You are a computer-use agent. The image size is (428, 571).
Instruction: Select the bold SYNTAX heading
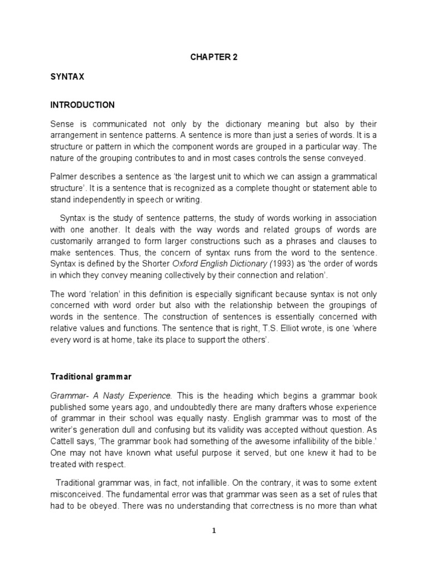tap(67, 78)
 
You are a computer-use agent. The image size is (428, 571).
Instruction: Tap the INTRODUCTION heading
tap(82, 105)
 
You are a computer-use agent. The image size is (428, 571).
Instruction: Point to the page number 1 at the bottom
tap(213, 531)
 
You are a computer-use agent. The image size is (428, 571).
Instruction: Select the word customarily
tap(73, 241)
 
